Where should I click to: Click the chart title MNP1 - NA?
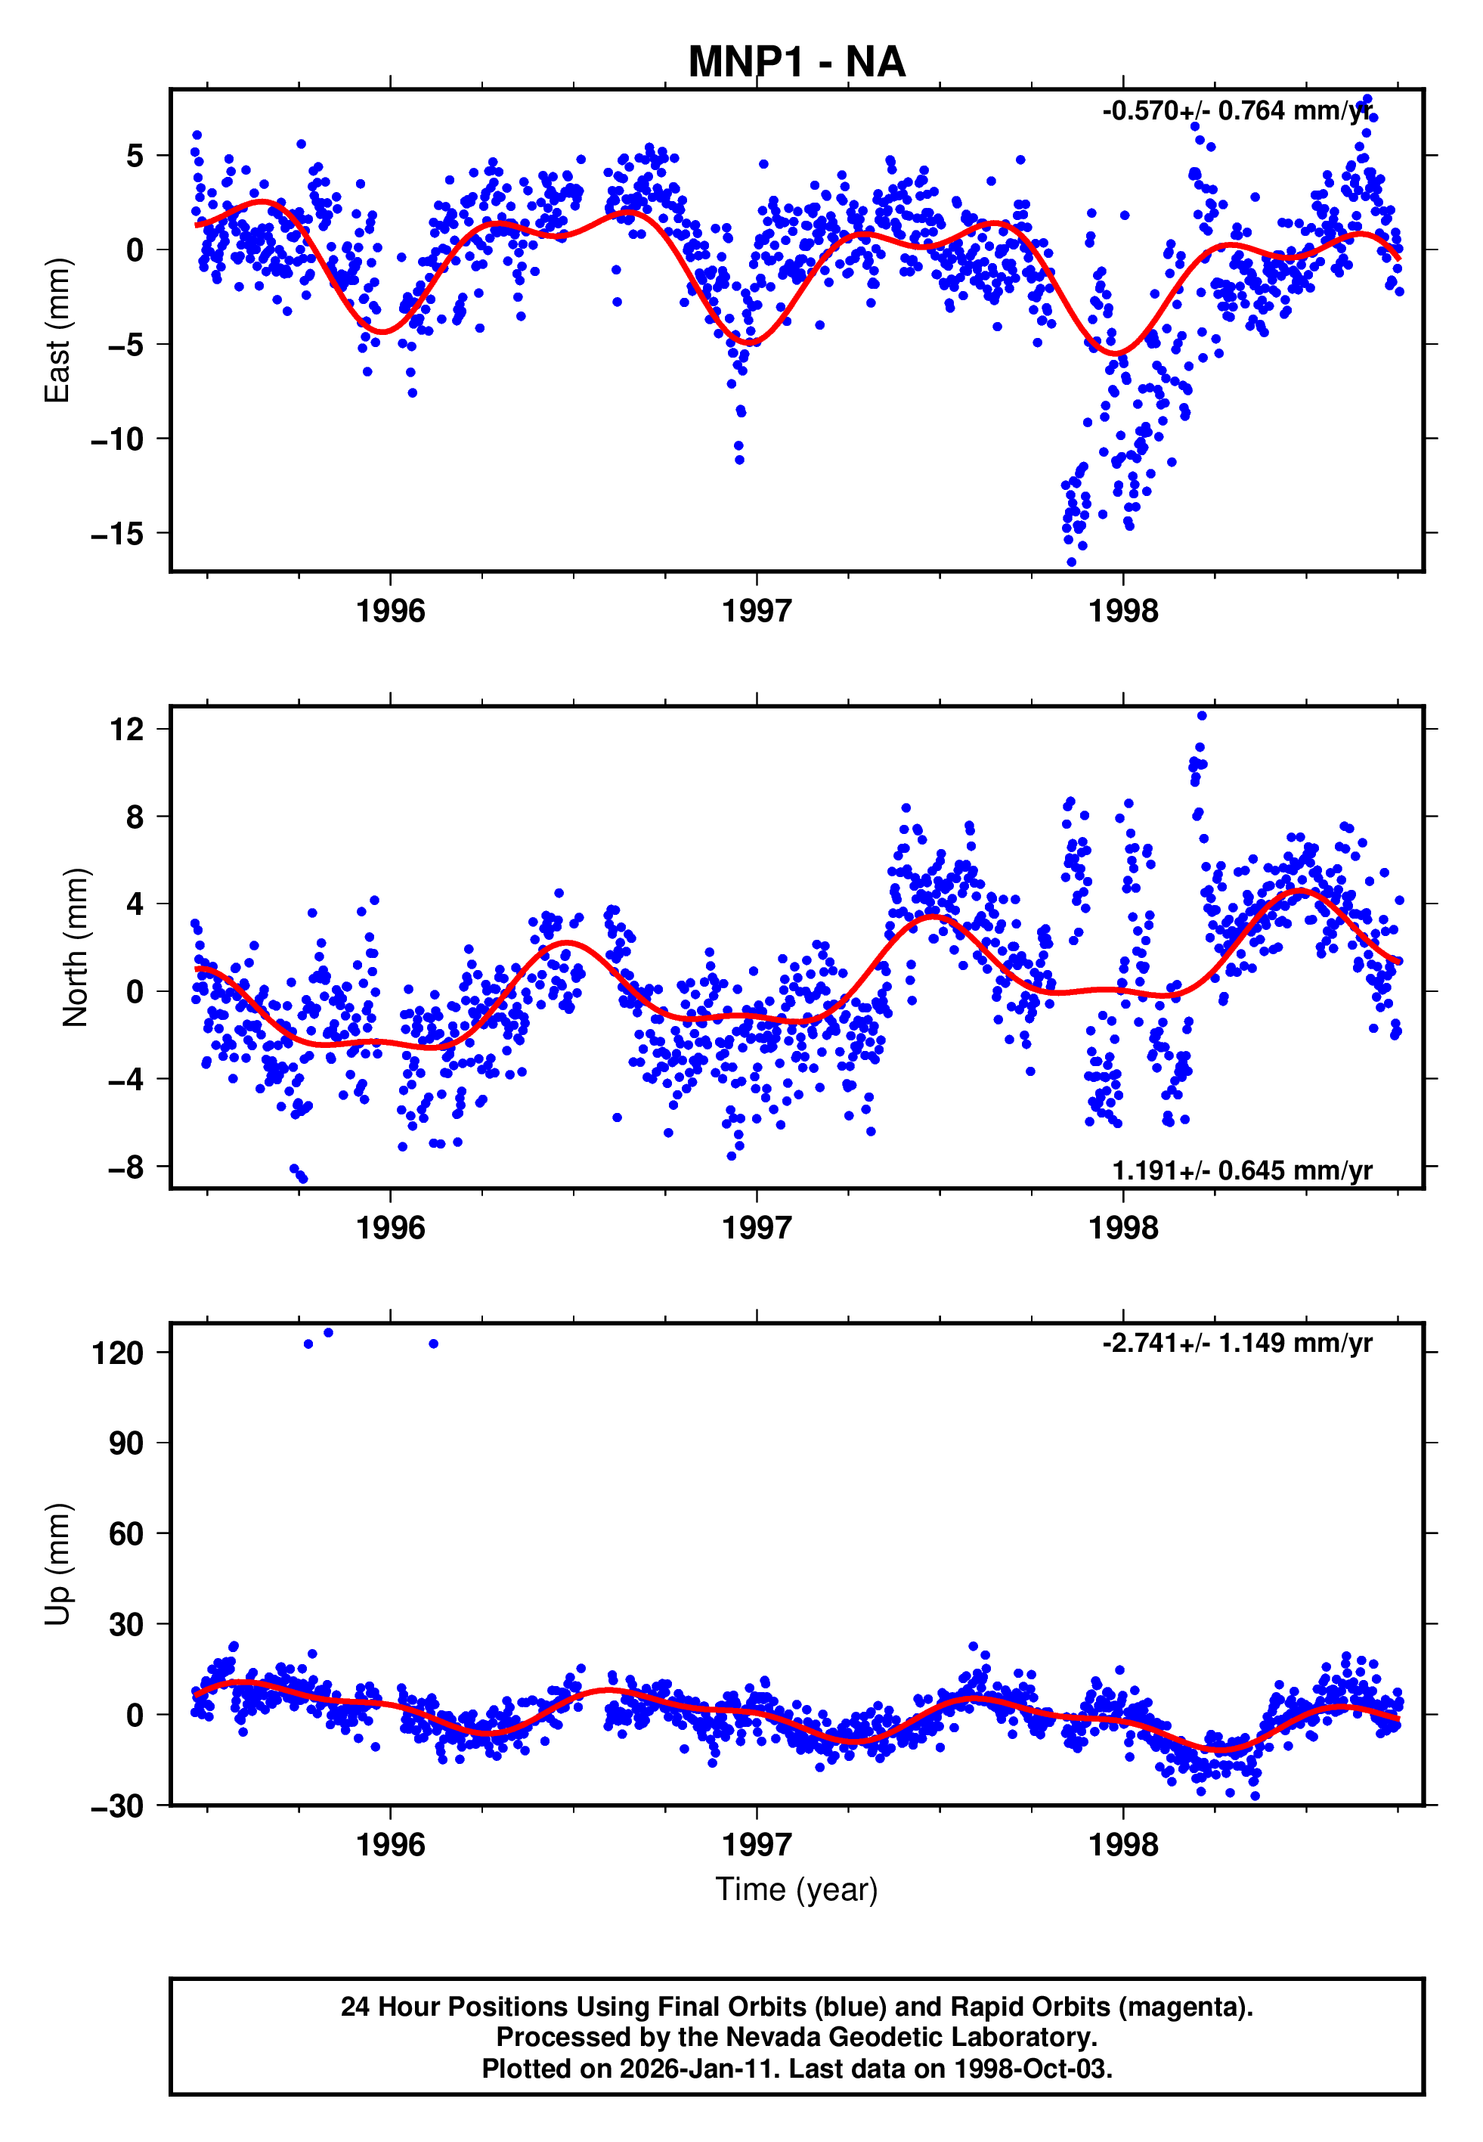coord(797,62)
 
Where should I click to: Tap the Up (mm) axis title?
coord(57,1564)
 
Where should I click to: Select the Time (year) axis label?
coord(797,1890)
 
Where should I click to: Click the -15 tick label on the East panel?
coord(118,533)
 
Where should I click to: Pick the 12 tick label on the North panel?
coord(126,730)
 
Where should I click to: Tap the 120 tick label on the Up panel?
coord(118,1353)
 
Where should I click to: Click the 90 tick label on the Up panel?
coord(126,1443)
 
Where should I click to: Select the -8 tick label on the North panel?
coord(126,1167)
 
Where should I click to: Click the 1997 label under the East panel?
coord(757,612)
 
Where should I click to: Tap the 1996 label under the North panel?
coord(390,1229)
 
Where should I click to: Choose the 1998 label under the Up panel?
coord(1123,1846)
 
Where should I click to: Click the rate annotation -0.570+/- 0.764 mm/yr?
coord(1237,111)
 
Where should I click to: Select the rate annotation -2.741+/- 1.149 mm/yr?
coord(1237,1344)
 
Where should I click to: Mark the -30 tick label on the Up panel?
coord(118,1806)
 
